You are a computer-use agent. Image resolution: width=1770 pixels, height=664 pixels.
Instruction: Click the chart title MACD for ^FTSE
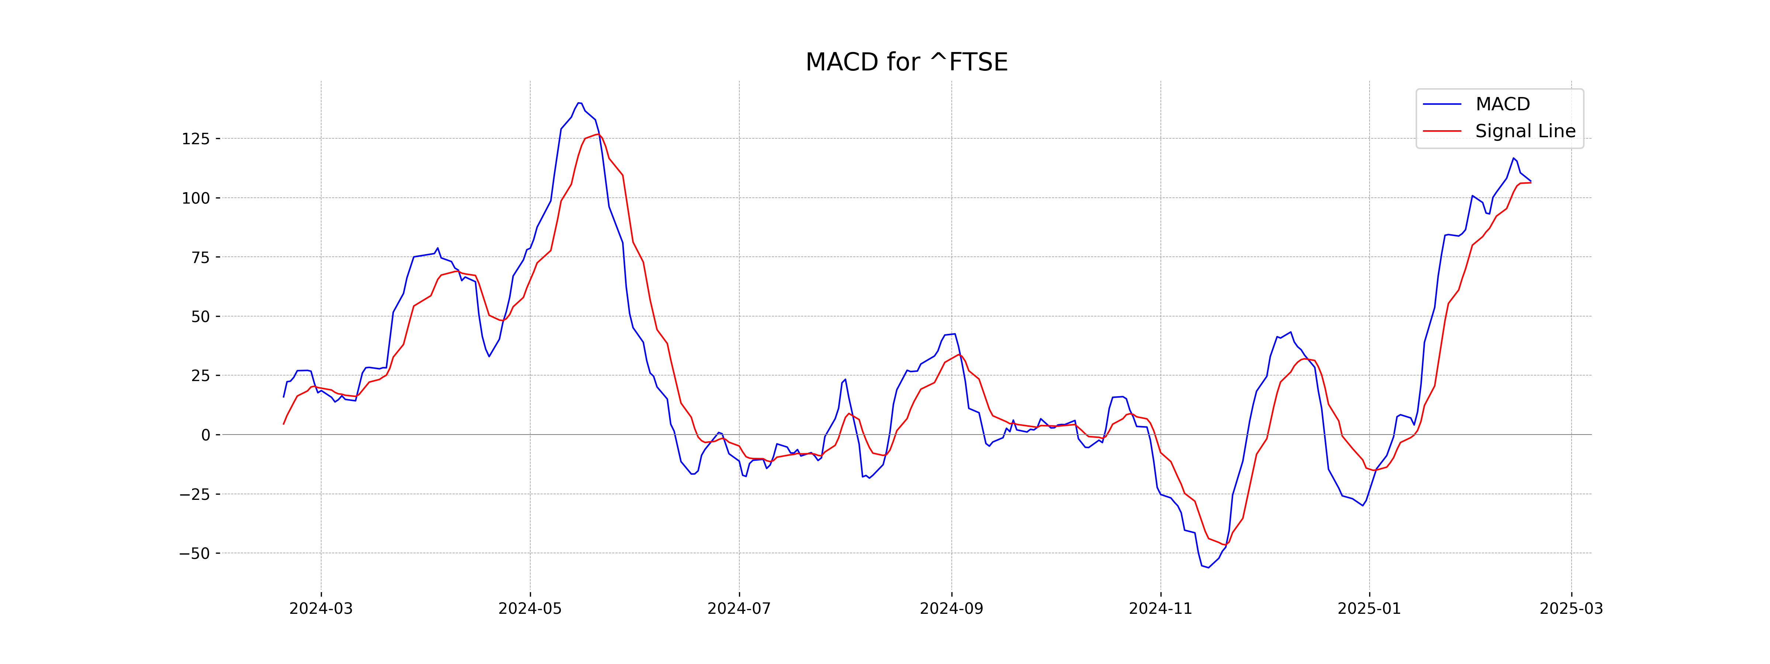(x=906, y=62)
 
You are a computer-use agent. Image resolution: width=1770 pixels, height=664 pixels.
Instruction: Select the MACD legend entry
(x=1502, y=104)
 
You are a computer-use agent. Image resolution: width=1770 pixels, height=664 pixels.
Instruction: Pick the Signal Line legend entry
(x=1525, y=131)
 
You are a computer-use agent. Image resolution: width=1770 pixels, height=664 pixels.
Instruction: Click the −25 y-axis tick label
(x=194, y=494)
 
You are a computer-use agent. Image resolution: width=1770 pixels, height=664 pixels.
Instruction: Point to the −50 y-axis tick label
(x=194, y=553)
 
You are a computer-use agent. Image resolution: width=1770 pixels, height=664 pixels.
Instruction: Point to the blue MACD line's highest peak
(x=579, y=103)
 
